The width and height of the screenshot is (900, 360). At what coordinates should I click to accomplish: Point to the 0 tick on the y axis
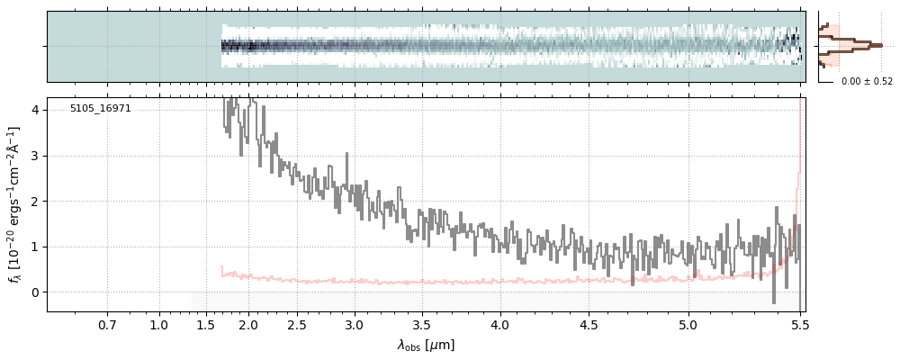[35, 292]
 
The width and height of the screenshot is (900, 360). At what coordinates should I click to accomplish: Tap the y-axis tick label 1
[35, 247]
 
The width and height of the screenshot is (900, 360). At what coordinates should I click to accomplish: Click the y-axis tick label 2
[35, 202]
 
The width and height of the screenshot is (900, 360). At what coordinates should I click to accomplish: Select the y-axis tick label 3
[35, 156]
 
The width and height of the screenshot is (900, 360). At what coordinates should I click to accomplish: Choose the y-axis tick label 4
[35, 111]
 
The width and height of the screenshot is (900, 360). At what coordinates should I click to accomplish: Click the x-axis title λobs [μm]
[426, 345]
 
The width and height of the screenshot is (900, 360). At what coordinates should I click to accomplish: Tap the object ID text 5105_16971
[101, 109]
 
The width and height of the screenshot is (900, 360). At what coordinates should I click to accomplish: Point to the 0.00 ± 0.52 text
[867, 82]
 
